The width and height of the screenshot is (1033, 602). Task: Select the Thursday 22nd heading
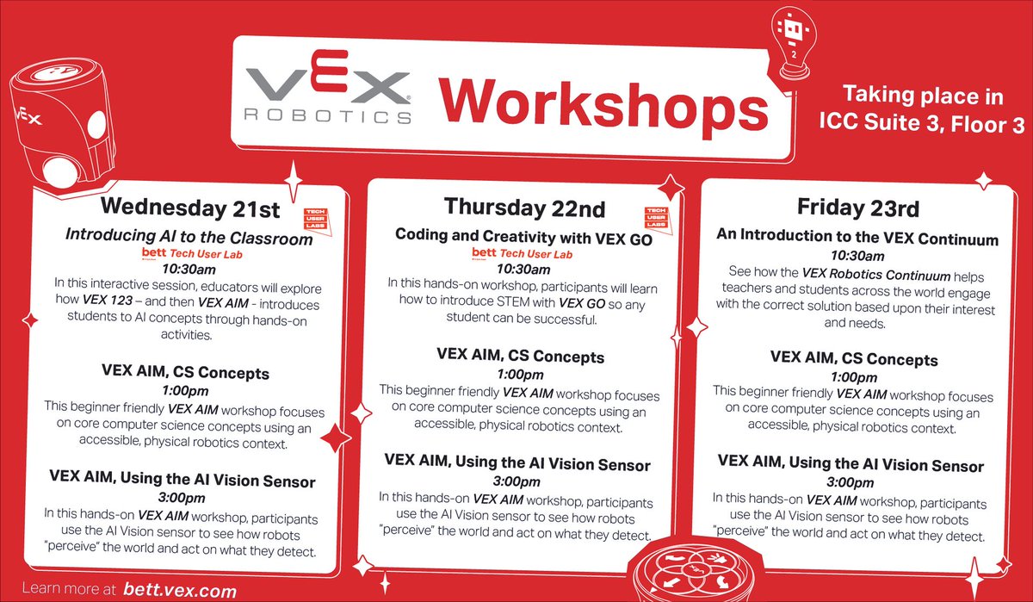[x=524, y=208]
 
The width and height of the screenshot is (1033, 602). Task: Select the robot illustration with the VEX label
[x=52, y=121]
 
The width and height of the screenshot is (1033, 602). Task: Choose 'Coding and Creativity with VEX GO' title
[x=523, y=234]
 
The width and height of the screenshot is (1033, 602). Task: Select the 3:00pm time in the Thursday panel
[x=517, y=482]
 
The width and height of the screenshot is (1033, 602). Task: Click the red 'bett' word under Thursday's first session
[x=485, y=252]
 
